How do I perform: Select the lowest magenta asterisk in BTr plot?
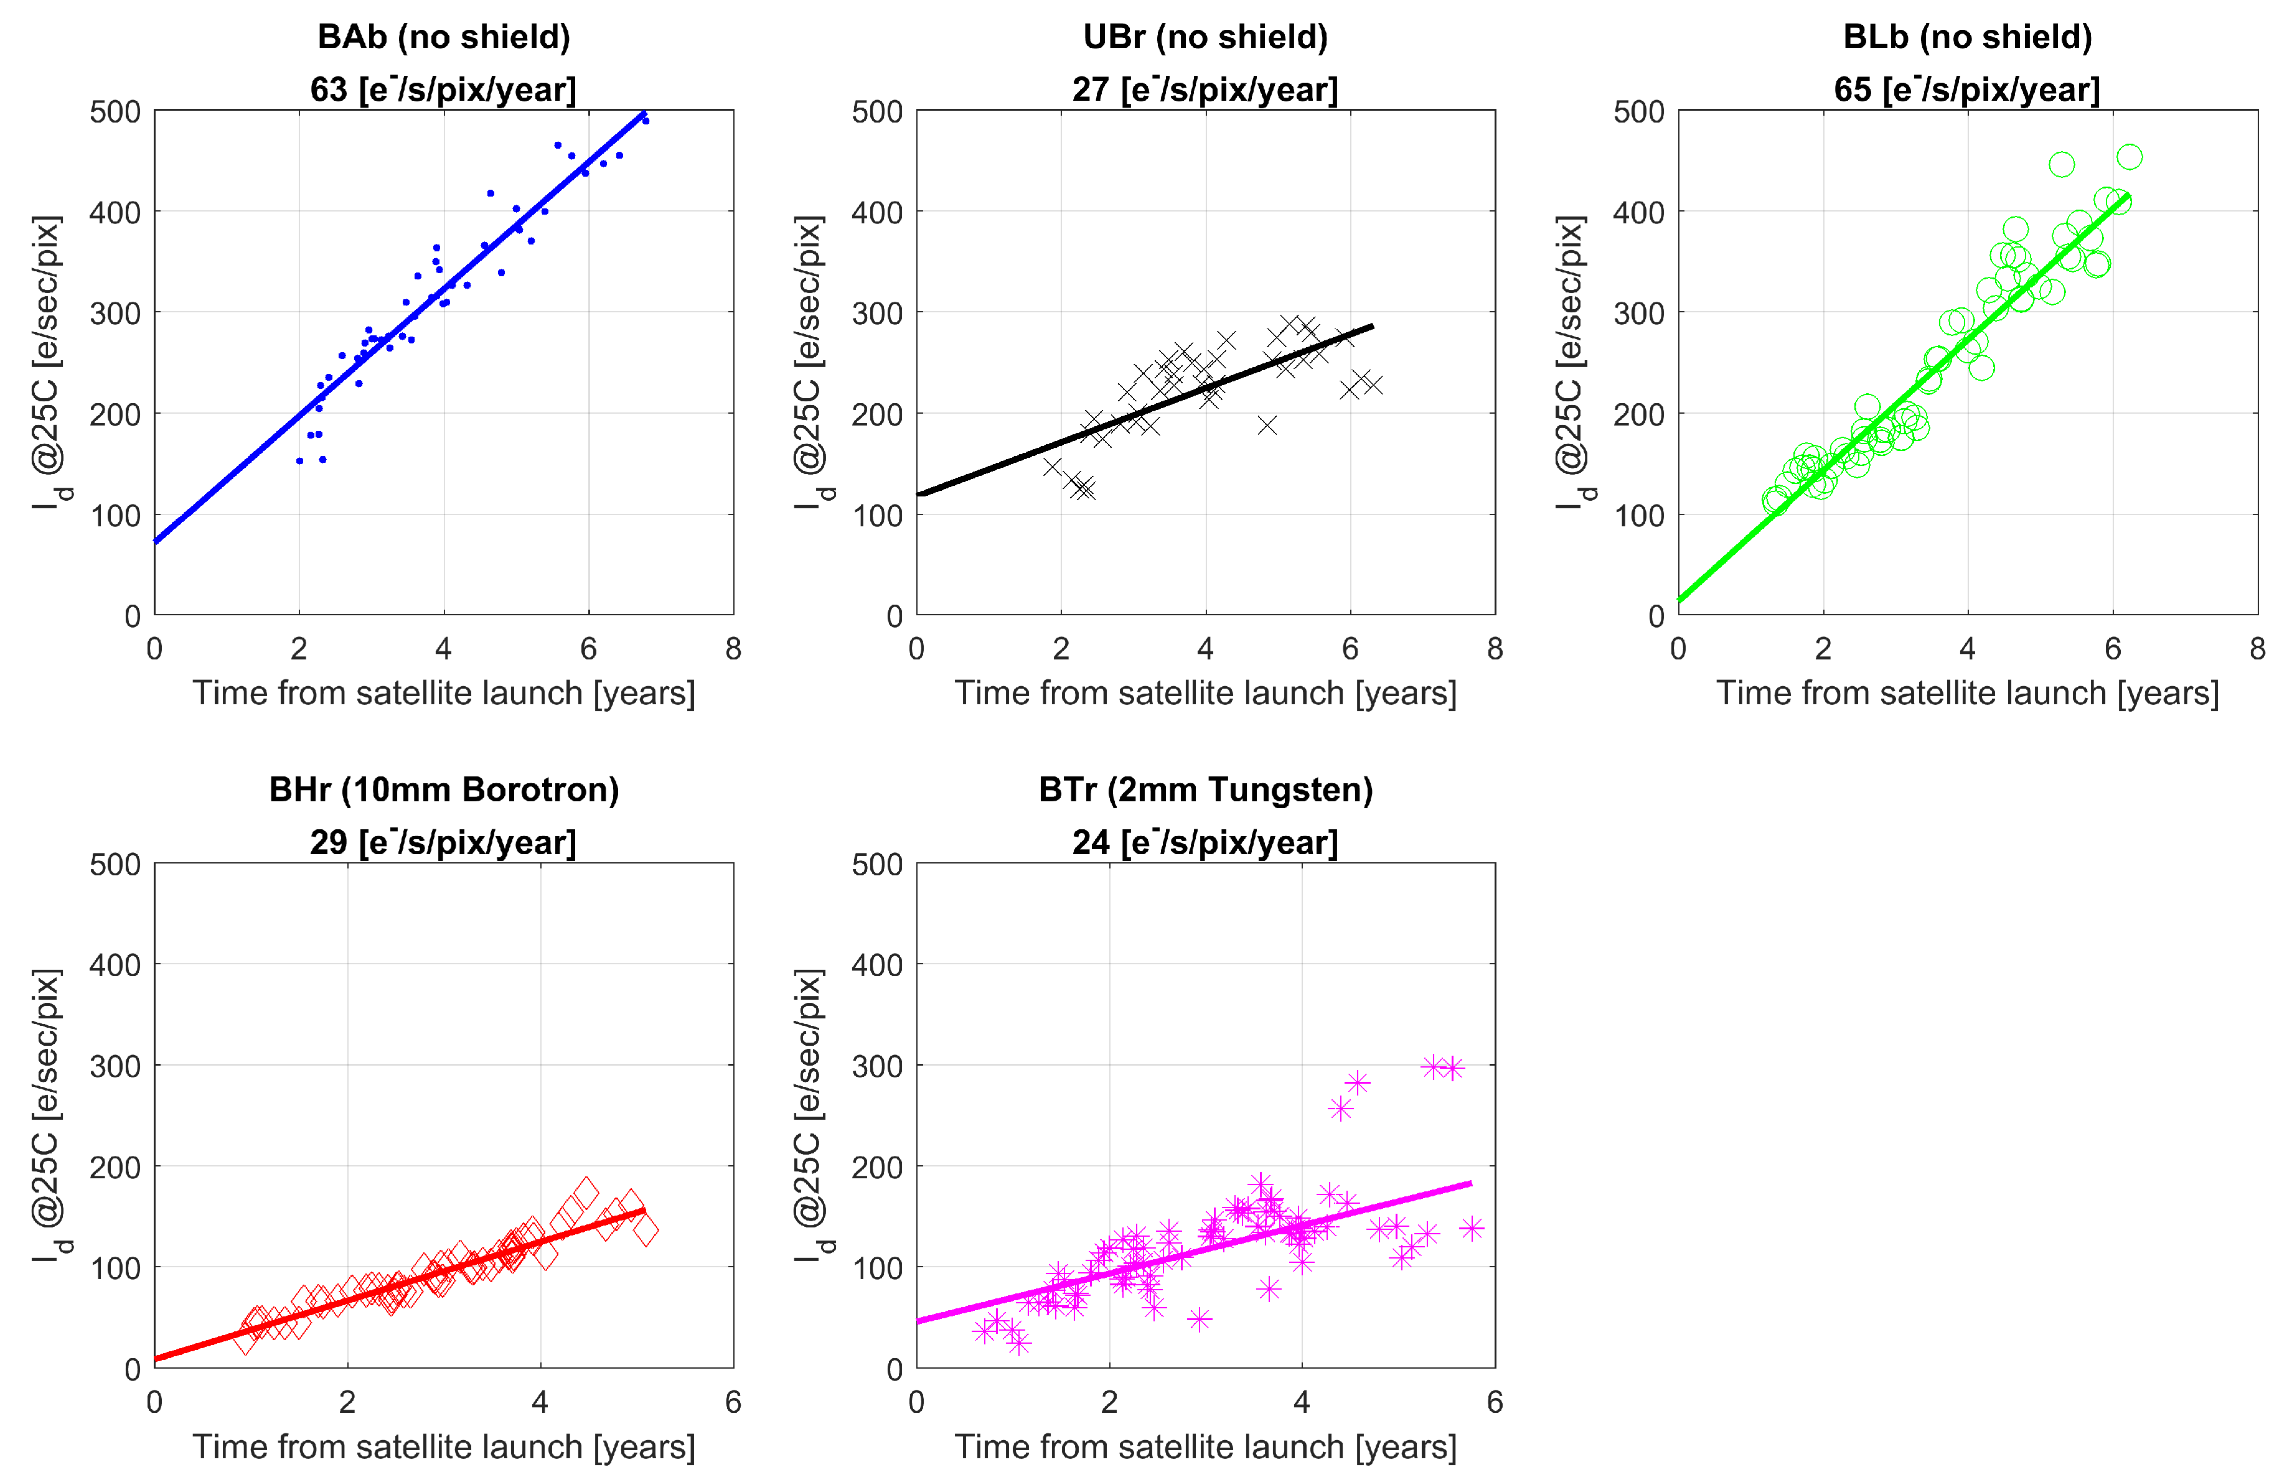point(1019,1342)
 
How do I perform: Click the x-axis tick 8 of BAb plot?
point(733,649)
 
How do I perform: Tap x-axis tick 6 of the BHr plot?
point(733,1402)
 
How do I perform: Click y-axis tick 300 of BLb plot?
point(1638,314)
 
